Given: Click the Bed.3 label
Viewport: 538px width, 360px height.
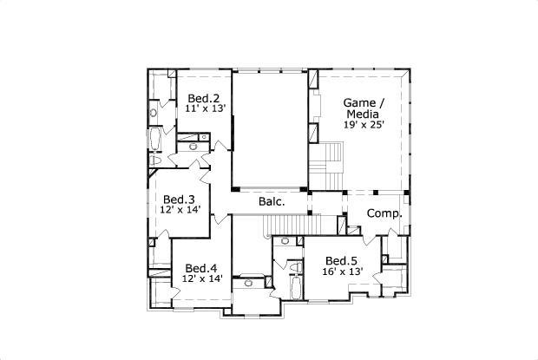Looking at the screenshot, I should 179,199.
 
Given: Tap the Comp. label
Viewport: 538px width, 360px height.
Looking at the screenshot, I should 383,213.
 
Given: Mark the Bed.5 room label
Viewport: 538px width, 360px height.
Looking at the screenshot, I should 341,260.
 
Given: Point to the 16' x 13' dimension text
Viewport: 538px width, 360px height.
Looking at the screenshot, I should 343,272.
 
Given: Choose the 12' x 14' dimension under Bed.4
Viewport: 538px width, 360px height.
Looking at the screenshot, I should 202,278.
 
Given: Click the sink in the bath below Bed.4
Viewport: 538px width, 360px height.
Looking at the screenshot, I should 249,282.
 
